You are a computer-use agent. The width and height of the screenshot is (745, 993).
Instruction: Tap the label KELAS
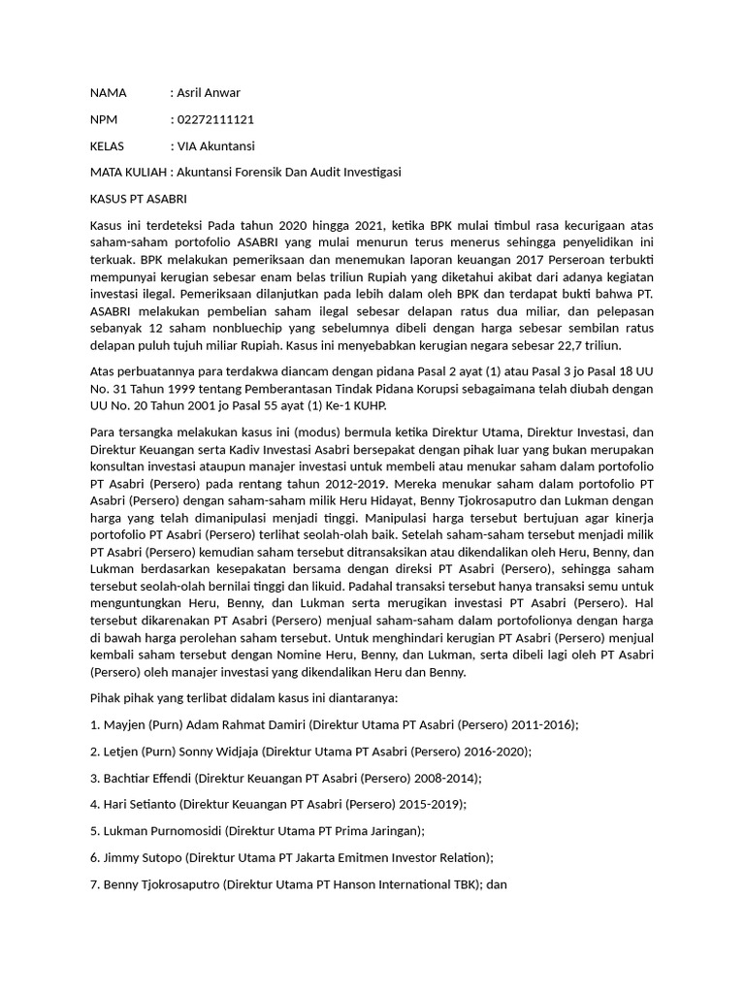[108, 145]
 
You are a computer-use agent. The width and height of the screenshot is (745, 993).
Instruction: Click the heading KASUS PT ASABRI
[138, 198]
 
